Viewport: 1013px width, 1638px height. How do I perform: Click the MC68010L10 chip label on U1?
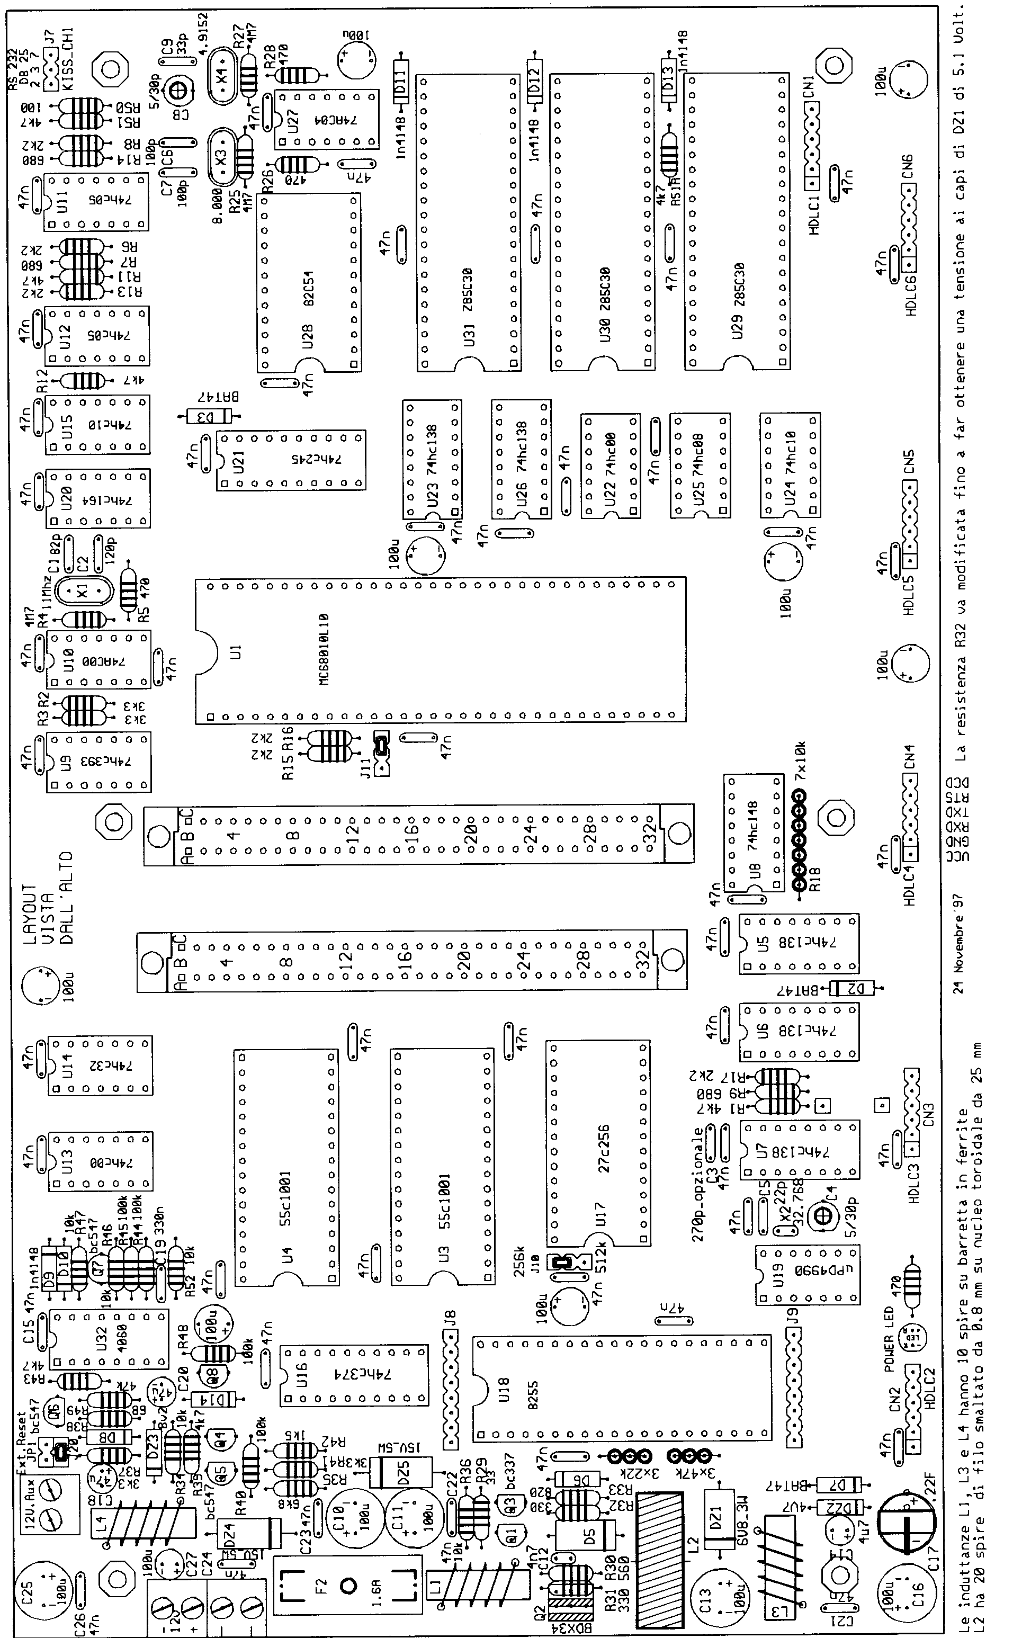coord(324,649)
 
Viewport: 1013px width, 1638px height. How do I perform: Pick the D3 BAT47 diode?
coord(208,417)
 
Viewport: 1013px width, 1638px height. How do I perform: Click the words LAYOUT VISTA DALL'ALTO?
coord(48,898)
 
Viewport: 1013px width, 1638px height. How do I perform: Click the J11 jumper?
coord(381,753)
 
